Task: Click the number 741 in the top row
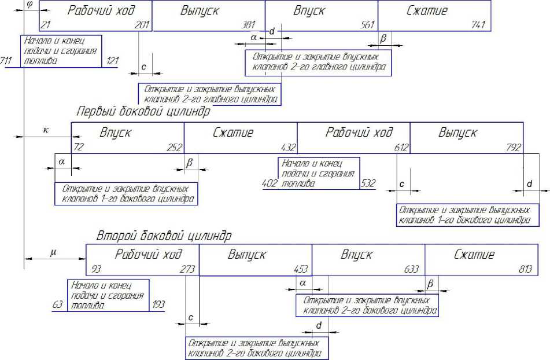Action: (x=479, y=25)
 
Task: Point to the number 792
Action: (x=514, y=147)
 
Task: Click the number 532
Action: (x=368, y=183)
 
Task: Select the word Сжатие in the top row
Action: (x=427, y=11)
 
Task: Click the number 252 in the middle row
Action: (x=174, y=147)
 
